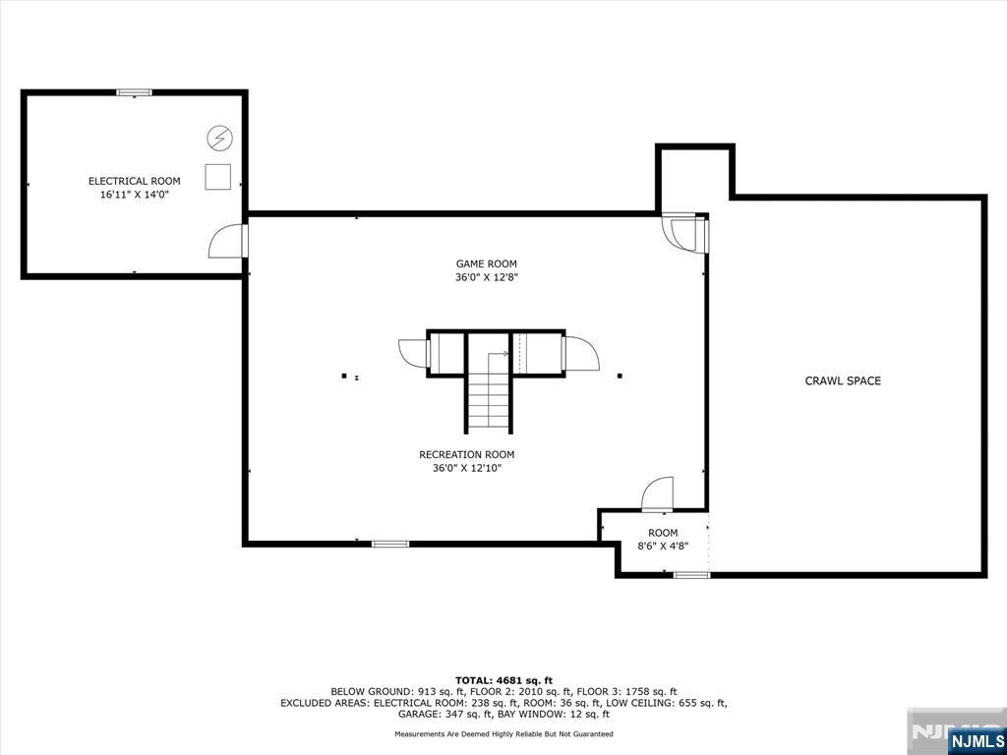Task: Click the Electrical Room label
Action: [134, 181]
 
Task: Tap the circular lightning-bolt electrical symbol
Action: [219, 138]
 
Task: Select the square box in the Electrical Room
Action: [217, 177]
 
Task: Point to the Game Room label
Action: [486, 263]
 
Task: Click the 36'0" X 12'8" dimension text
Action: [486, 278]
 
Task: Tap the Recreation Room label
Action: [467, 454]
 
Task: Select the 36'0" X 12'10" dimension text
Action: [467, 469]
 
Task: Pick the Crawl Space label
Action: [843, 380]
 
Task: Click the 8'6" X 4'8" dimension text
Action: [663, 547]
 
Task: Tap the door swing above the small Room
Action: [657, 494]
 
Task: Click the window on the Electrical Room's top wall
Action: [134, 92]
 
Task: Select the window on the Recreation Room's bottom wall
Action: [390, 544]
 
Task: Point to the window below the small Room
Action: [691, 574]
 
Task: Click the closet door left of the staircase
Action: [413, 353]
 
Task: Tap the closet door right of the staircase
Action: [580, 353]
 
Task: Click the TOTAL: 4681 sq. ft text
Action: [503, 680]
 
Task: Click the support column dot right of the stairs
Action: [620, 376]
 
